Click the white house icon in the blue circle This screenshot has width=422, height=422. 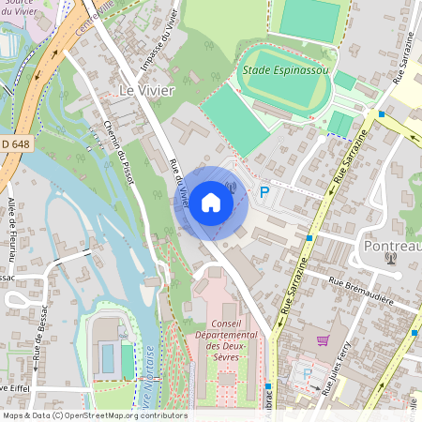pyautogui.click(x=211, y=202)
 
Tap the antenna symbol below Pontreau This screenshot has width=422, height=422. pyautogui.click(x=391, y=258)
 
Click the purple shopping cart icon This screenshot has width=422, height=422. pyautogui.click(x=323, y=340)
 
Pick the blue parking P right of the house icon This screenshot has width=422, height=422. pyautogui.click(x=264, y=192)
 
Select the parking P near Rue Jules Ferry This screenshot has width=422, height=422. pyautogui.click(x=306, y=372)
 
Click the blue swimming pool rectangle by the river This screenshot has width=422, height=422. pyautogui.click(x=106, y=358)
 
